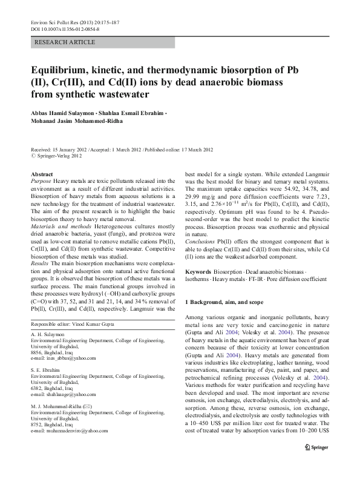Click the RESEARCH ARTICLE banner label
pos(65,42)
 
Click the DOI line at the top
pos(65,28)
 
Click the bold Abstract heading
pos(41,174)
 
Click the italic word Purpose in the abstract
pos(41,181)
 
